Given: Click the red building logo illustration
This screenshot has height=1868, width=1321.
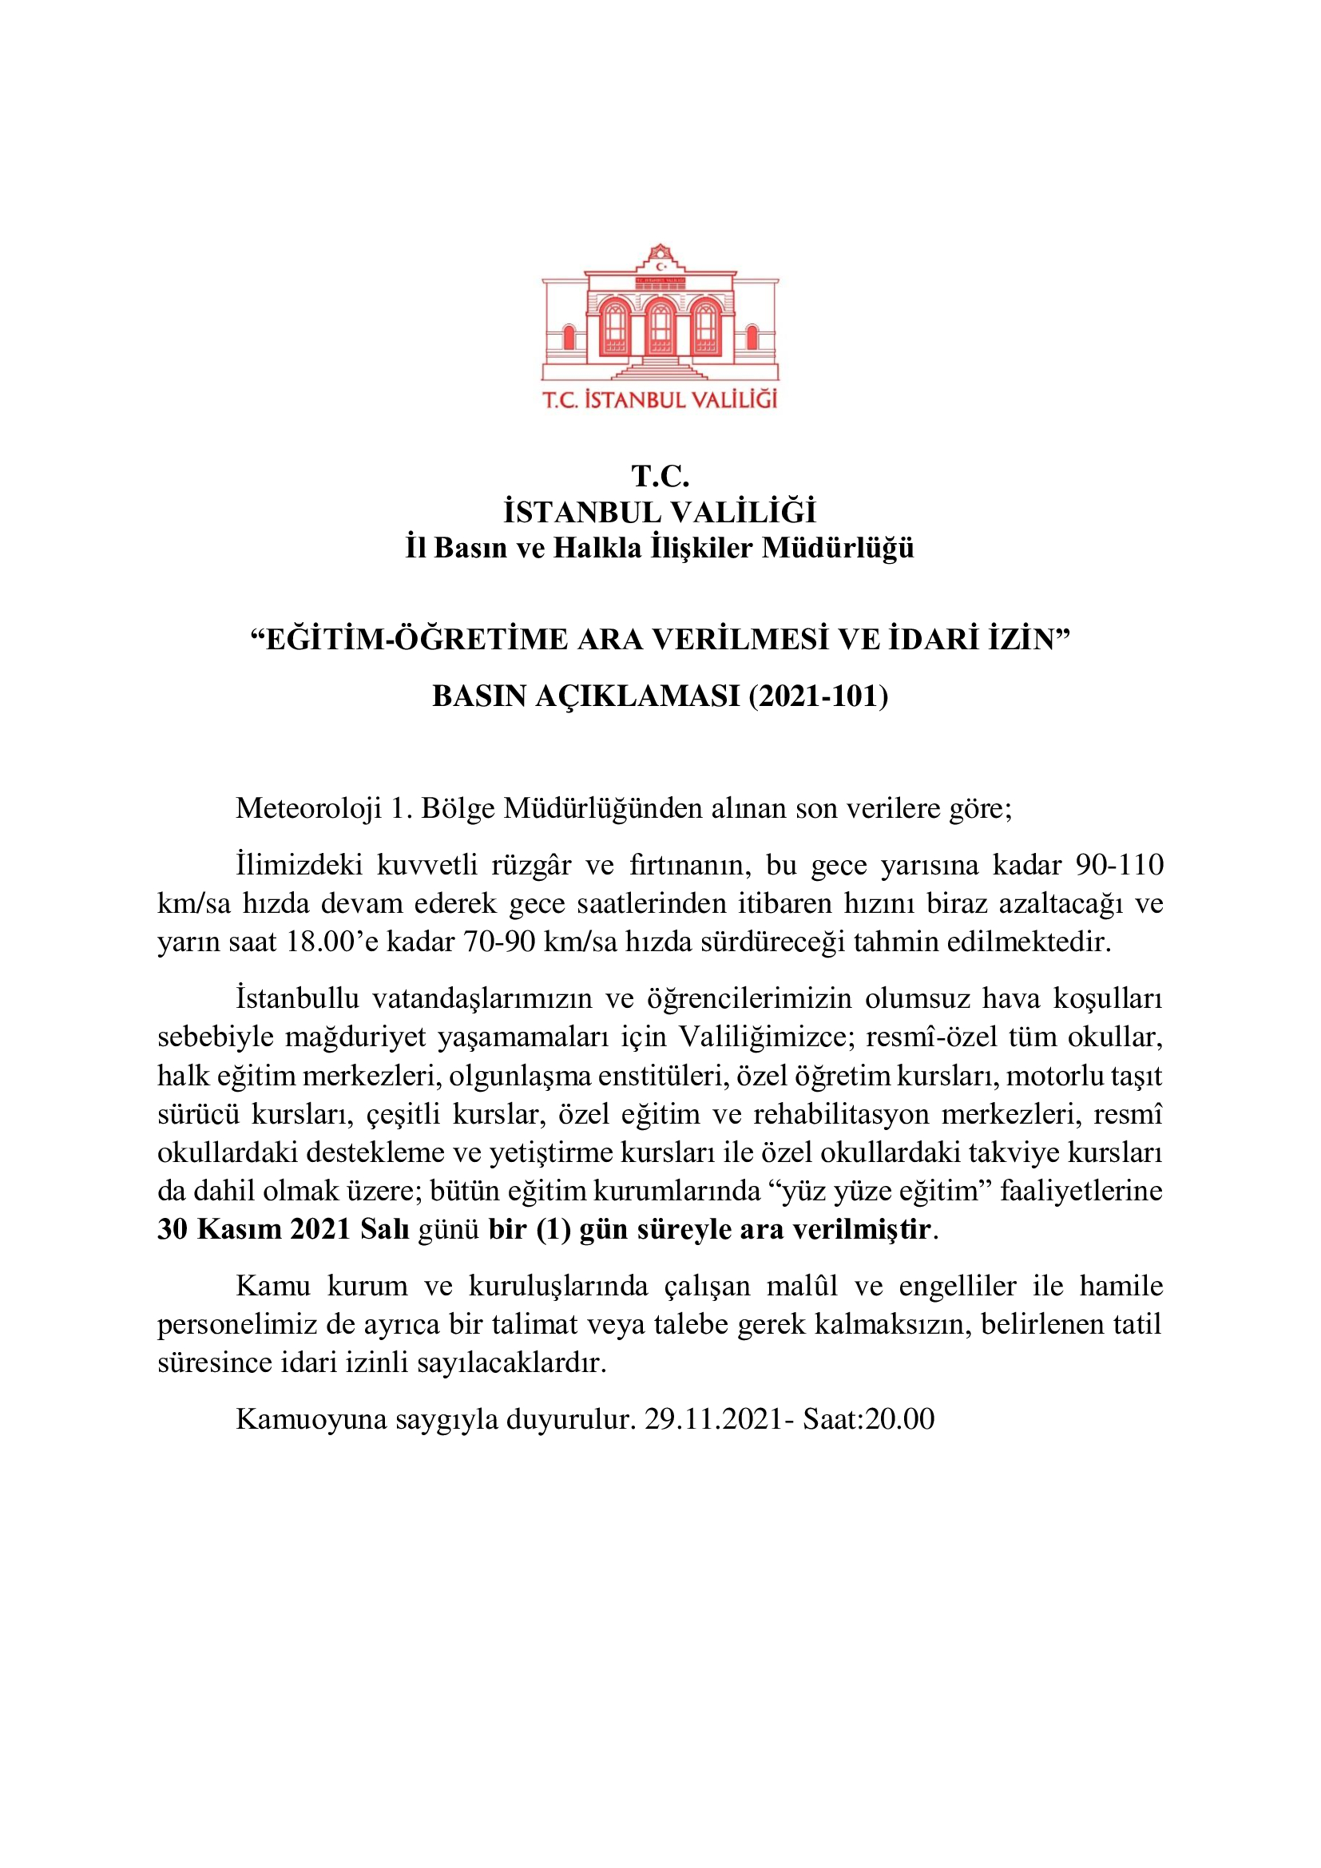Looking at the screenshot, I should tap(660, 313).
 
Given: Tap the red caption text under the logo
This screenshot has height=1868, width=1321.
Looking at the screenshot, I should tap(660, 399).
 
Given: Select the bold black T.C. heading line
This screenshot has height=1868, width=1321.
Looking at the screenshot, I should tap(660, 476).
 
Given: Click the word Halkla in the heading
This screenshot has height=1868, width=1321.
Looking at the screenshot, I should tap(597, 548).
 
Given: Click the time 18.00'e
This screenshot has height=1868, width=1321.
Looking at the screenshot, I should tap(332, 942).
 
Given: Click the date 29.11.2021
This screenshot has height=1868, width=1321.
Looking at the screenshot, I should tap(713, 1418).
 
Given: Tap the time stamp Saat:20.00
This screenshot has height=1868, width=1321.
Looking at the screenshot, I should tap(868, 1418).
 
